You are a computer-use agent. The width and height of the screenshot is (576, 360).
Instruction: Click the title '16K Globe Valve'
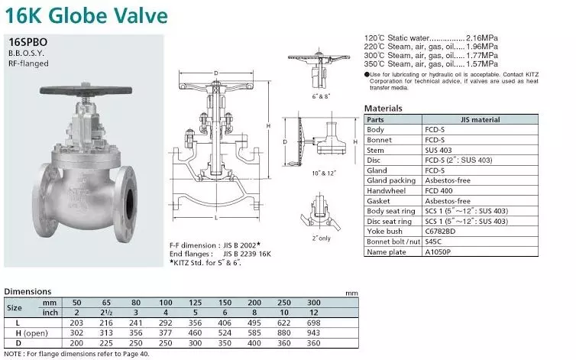(x=86, y=16)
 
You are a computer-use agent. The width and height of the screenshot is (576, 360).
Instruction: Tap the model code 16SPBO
(x=28, y=42)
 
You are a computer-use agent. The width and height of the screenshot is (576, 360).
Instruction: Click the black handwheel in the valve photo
(x=86, y=89)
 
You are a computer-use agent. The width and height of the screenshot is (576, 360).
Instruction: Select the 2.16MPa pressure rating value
(x=481, y=38)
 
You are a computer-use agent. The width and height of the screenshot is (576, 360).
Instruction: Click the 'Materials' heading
(x=383, y=109)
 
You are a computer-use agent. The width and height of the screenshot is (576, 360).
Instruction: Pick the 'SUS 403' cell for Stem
(x=438, y=150)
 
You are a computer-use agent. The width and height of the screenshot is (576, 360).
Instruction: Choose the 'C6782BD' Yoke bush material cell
(x=440, y=232)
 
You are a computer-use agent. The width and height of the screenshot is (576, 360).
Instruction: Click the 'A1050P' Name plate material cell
(x=438, y=252)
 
